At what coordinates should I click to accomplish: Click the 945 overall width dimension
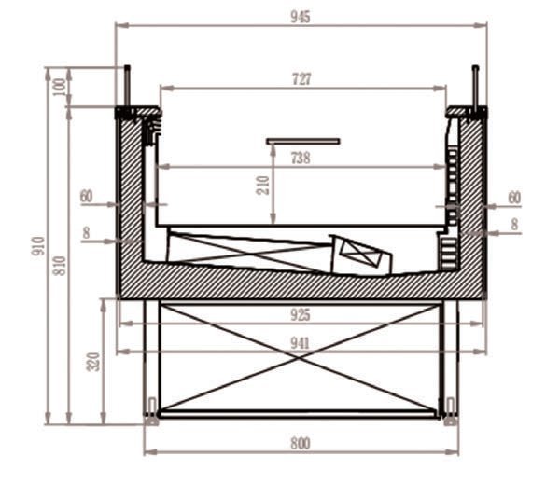tap(301, 17)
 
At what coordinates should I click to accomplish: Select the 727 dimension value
tap(301, 79)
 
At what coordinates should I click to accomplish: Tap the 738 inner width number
tap(301, 158)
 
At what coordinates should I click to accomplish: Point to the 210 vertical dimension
tap(263, 186)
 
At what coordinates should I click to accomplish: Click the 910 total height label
tap(38, 246)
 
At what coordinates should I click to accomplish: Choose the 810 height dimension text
tap(60, 266)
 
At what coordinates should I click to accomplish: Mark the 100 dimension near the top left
tap(60, 87)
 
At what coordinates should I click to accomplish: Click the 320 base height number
tap(93, 362)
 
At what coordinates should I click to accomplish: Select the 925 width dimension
tap(301, 315)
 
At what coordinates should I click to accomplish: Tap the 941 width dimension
tap(301, 343)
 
